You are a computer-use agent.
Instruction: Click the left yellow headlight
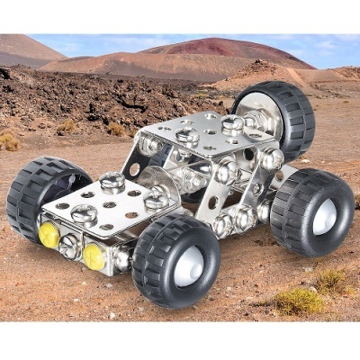[x=48, y=235]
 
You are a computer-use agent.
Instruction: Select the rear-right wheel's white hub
[x=324, y=217]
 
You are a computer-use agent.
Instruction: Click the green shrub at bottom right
[x=301, y=301]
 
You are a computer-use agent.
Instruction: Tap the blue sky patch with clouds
[x=180, y=40]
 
